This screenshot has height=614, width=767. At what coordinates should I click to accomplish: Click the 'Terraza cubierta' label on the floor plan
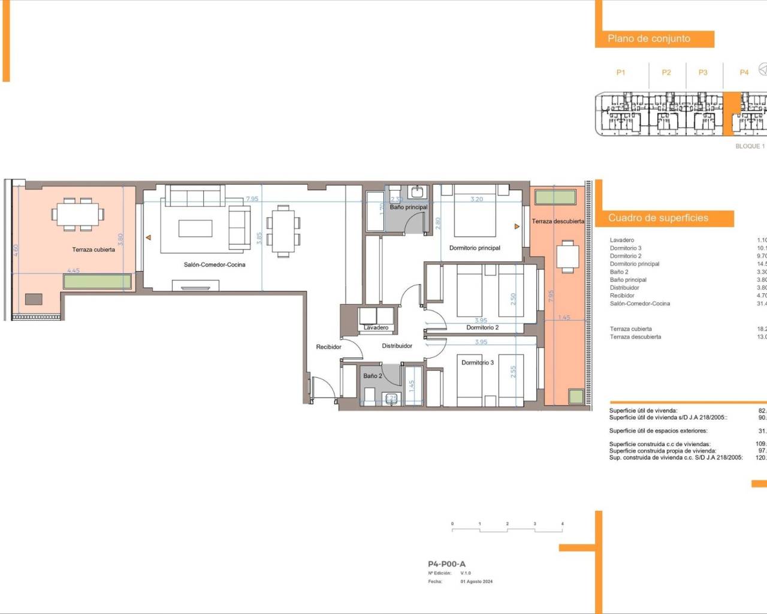pyautogui.click(x=93, y=249)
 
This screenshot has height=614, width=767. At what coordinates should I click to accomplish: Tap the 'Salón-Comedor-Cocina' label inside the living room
pyautogui.click(x=215, y=264)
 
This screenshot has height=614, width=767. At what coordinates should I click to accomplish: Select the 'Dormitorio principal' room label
pyautogui.click(x=475, y=248)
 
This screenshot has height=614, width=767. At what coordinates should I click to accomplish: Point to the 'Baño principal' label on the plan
pyautogui.click(x=409, y=207)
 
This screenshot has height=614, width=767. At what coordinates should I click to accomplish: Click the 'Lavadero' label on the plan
pyautogui.click(x=376, y=327)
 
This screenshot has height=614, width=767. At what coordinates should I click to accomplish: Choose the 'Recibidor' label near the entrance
pyautogui.click(x=328, y=347)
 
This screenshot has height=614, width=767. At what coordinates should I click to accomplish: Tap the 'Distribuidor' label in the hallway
pyautogui.click(x=397, y=346)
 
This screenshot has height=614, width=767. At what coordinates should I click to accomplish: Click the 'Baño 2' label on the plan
pyautogui.click(x=372, y=376)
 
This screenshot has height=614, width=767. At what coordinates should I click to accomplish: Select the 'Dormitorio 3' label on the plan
pyautogui.click(x=478, y=362)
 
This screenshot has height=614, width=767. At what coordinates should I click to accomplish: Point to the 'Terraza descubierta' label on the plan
pyautogui.click(x=558, y=221)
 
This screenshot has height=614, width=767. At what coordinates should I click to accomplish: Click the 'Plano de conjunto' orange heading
pyautogui.click(x=649, y=38)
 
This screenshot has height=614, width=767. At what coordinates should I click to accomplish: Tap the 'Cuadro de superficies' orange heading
pyautogui.click(x=658, y=218)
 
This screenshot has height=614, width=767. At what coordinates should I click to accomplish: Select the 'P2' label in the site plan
pyautogui.click(x=666, y=73)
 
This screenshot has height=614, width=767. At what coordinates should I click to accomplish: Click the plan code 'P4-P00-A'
pyautogui.click(x=446, y=564)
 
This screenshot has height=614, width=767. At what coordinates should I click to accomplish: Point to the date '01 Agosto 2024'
pyautogui.click(x=476, y=582)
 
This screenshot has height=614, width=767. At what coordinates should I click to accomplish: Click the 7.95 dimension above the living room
pyautogui.click(x=252, y=198)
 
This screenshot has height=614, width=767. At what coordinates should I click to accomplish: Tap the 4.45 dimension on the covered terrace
pyautogui.click(x=73, y=270)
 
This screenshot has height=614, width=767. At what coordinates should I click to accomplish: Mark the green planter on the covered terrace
pyautogui.click(x=98, y=281)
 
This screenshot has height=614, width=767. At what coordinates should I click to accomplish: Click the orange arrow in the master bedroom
pyautogui.click(x=517, y=227)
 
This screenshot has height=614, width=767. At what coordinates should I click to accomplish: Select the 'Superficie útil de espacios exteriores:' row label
pyautogui.click(x=658, y=431)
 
